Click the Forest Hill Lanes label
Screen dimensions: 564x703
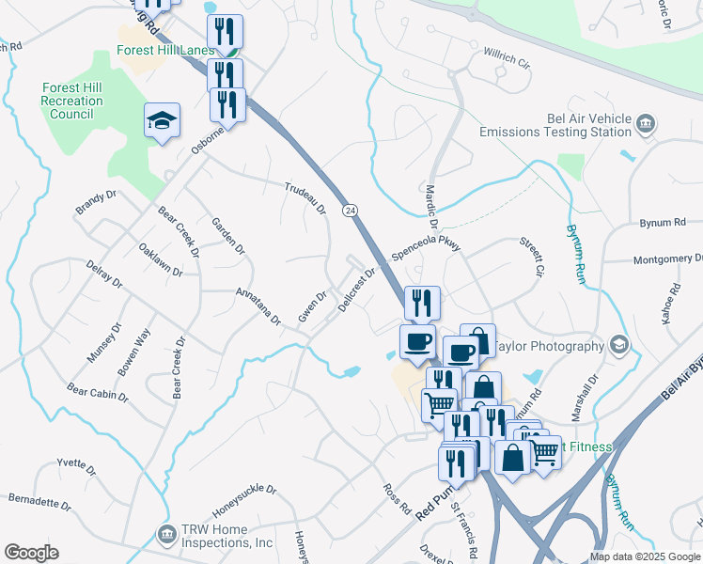(163, 53)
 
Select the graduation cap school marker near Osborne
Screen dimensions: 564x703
(162, 120)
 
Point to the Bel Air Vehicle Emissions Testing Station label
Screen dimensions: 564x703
(555, 126)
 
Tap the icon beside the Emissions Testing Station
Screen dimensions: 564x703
(646, 123)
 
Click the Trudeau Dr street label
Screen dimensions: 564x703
(305, 196)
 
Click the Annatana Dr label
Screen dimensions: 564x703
(258, 305)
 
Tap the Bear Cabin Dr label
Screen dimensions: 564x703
(98, 391)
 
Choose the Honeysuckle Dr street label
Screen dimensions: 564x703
(244, 501)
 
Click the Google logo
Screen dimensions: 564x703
(31, 553)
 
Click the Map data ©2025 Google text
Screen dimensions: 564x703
(644, 556)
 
